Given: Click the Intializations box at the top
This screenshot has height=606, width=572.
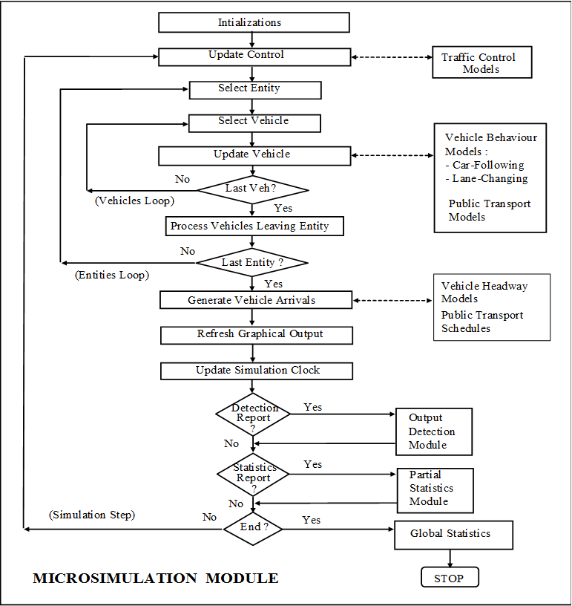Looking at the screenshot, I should pyautogui.click(x=254, y=22).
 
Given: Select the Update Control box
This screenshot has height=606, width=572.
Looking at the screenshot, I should pyautogui.click(x=254, y=56).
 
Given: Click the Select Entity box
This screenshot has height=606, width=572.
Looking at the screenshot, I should pyautogui.click(x=254, y=89).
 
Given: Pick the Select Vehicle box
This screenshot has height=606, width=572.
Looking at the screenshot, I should pyautogui.click(x=254, y=122).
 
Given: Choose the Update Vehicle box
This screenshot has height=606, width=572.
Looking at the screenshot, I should pyautogui.click(x=254, y=155).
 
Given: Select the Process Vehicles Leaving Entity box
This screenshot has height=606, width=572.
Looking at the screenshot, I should pyautogui.click(x=254, y=226).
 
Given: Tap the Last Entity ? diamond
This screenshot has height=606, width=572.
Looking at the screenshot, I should pyautogui.click(x=253, y=262).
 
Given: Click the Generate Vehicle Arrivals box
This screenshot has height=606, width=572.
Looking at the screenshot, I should pyautogui.click(x=256, y=300).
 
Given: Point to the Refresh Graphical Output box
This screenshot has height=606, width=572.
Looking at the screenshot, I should pyautogui.click(x=256, y=335).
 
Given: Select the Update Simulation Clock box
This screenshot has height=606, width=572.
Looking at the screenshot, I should pyautogui.click(x=256, y=370).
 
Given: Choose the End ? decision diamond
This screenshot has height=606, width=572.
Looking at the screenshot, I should pyautogui.click(x=254, y=528).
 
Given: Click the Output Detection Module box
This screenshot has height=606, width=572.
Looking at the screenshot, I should pyautogui.click(x=434, y=431).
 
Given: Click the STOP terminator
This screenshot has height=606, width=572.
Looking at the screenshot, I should pyautogui.click(x=450, y=578).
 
